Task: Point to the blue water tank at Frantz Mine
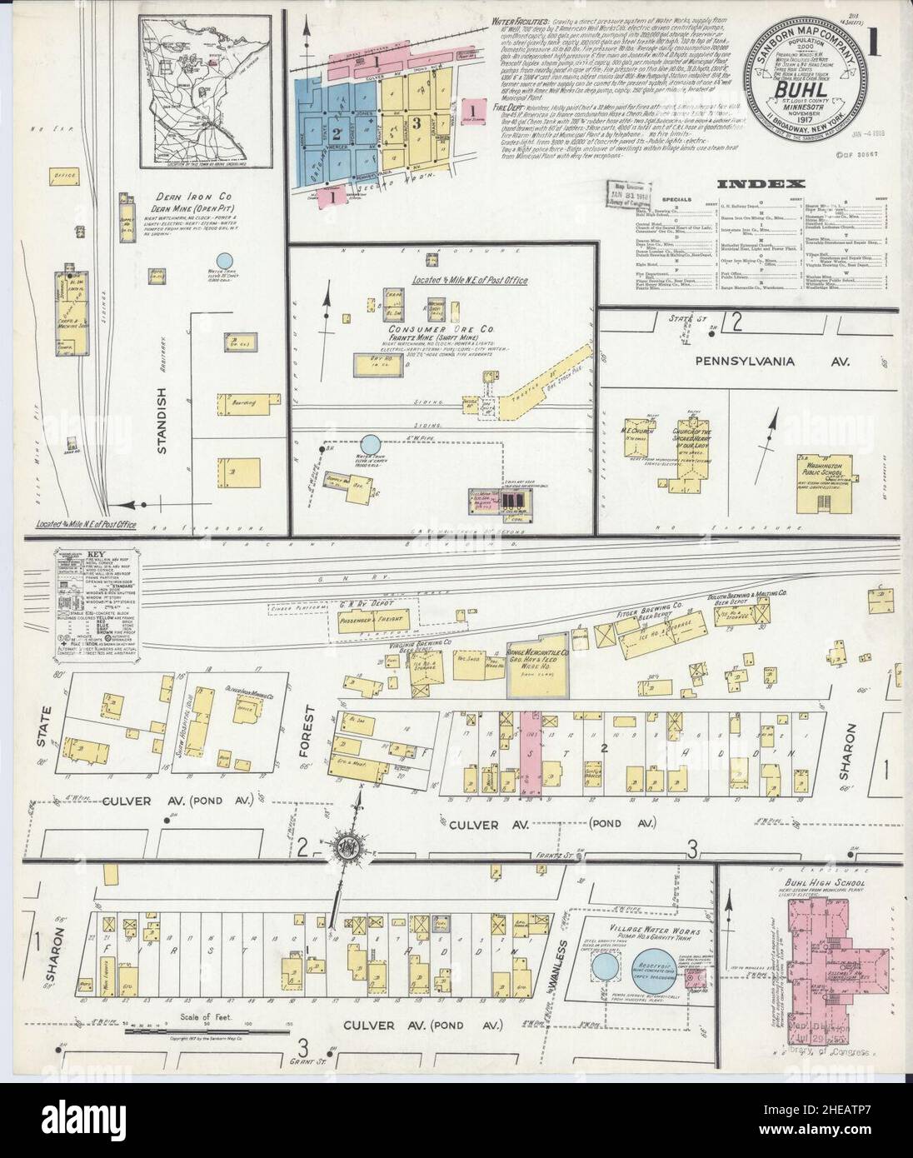369,444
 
